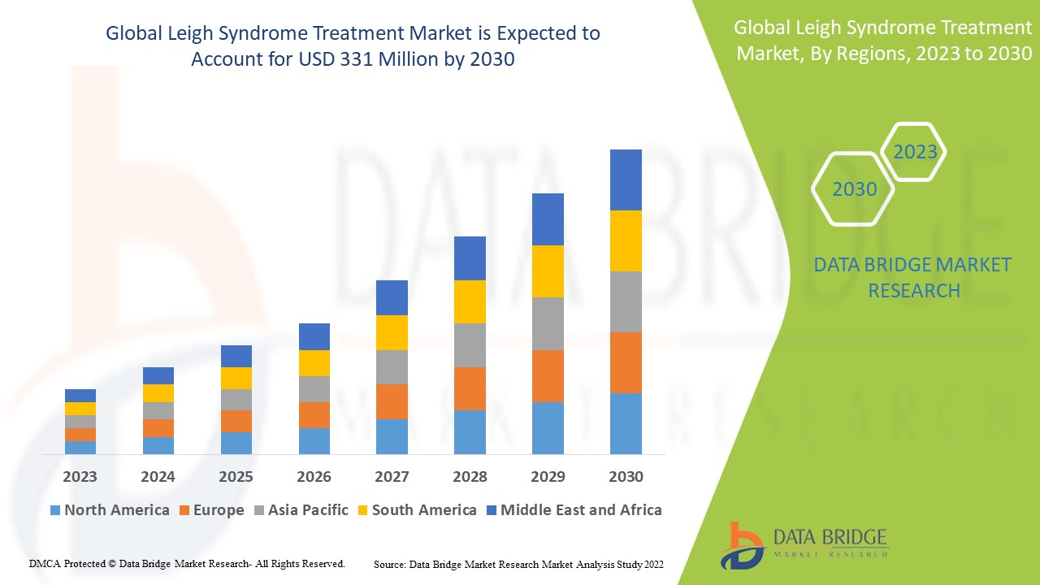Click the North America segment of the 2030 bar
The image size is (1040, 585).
click(626, 423)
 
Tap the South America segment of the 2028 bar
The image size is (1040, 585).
click(470, 301)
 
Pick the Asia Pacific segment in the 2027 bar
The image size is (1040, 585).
click(392, 367)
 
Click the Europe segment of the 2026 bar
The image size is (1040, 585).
click(314, 414)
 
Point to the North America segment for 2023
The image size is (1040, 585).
click(80, 447)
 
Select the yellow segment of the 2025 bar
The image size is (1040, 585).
click(236, 378)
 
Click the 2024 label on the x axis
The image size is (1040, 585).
click(158, 476)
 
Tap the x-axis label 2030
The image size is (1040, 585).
click(626, 476)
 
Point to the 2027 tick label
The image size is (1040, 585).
click(392, 476)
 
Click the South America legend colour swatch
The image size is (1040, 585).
click(362, 510)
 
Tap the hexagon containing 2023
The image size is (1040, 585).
click(915, 152)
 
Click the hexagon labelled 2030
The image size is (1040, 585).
click(854, 189)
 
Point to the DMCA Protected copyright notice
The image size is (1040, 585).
click(187, 563)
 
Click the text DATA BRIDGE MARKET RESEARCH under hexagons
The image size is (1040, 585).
click(913, 277)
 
